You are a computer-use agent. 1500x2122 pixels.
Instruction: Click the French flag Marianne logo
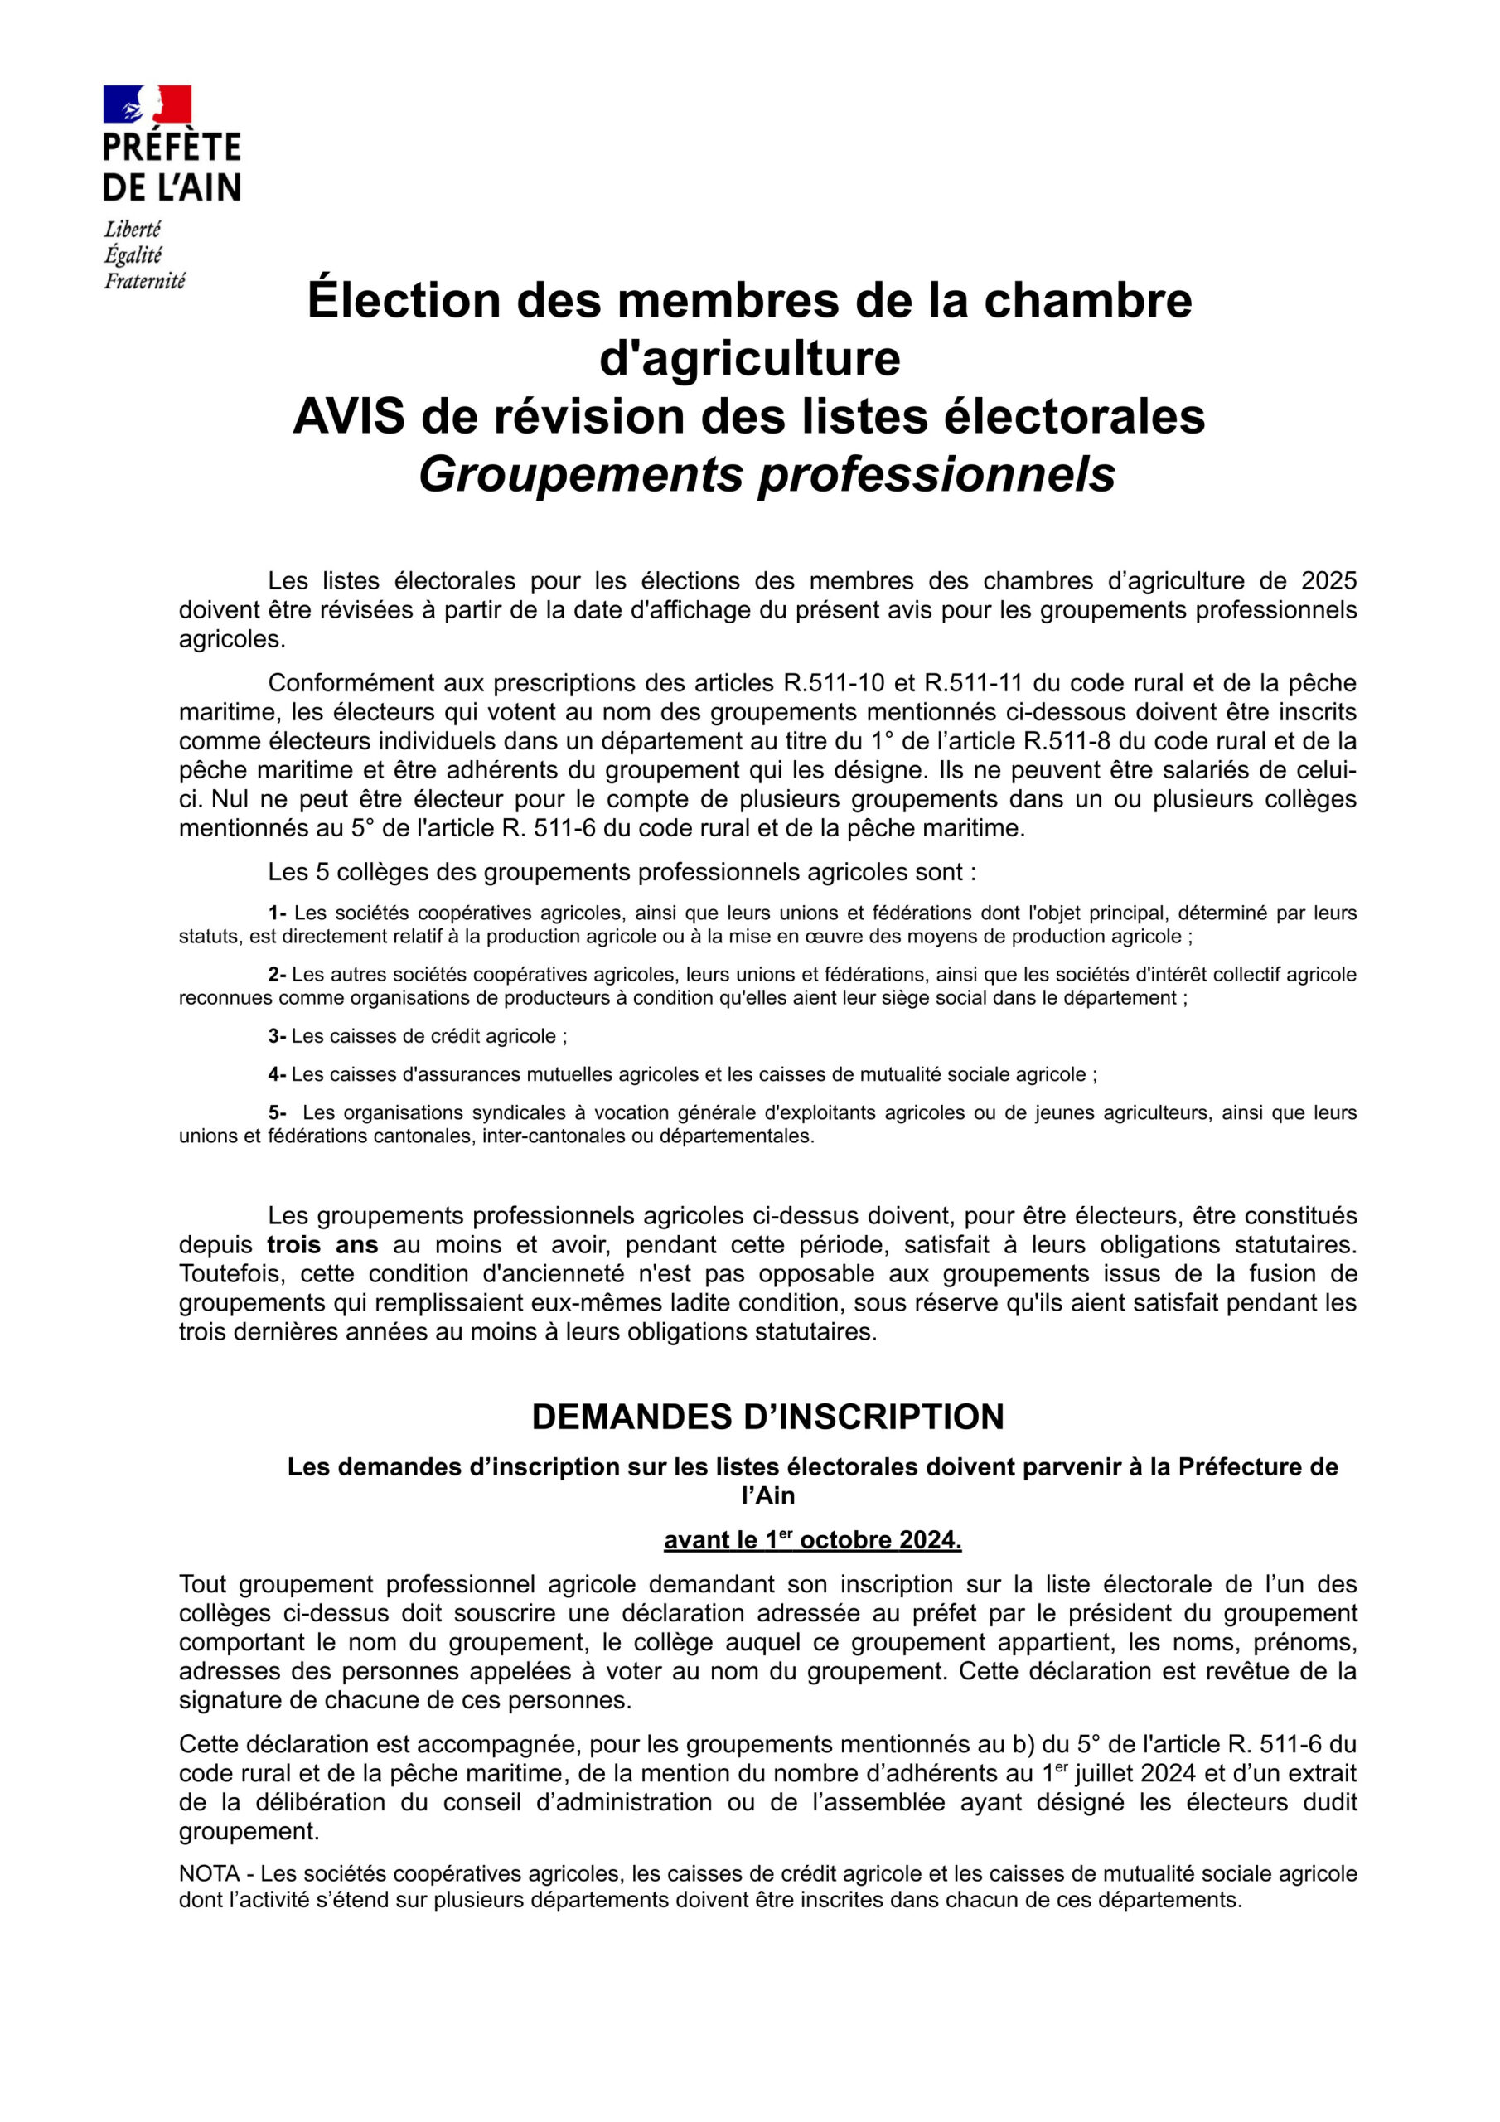[147, 104]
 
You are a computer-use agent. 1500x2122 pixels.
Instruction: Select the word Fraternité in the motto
[144, 281]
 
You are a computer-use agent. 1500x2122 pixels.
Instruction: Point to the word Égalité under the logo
[133, 255]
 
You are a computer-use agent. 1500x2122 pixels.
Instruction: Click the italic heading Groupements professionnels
[767, 474]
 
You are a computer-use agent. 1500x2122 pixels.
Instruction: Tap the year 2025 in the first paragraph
[1328, 580]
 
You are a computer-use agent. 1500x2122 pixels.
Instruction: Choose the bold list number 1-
[278, 913]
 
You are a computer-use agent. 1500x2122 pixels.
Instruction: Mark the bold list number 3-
[278, 1036]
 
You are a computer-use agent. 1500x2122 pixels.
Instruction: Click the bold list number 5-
[278, 1112]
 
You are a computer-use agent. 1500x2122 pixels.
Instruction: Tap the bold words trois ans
[322, 1245]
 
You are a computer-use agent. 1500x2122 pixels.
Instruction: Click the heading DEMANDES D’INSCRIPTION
[767, 1417]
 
